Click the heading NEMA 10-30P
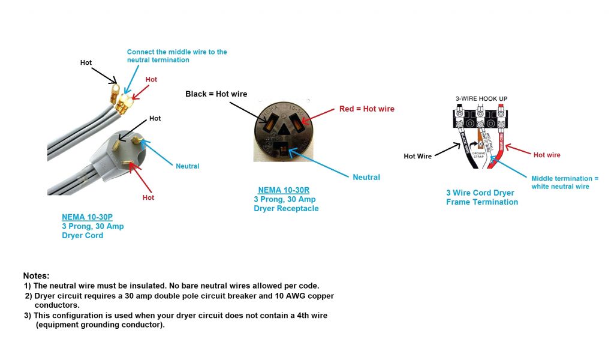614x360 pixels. click(85, 217)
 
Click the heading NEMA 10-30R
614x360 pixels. click(284, 190)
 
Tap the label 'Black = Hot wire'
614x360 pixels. click(216, 94)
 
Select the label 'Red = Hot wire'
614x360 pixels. click(367, 109)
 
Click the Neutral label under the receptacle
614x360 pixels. click(366, 177)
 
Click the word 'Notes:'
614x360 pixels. click(36, 275)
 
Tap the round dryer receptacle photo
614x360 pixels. click(281, 129)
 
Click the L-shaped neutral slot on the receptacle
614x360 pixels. click(281, 144)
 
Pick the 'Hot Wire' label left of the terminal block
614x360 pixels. click(417, 156)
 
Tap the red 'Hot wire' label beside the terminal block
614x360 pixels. click(547, 155)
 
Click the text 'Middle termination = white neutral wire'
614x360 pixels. click(564, 182)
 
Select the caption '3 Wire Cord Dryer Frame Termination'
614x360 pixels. click(481, 197)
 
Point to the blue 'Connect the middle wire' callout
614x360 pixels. click(177, 56)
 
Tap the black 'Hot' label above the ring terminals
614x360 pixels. click(86, 62)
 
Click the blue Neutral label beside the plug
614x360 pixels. click(187, 166)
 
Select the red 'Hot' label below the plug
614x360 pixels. click(148, 197)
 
